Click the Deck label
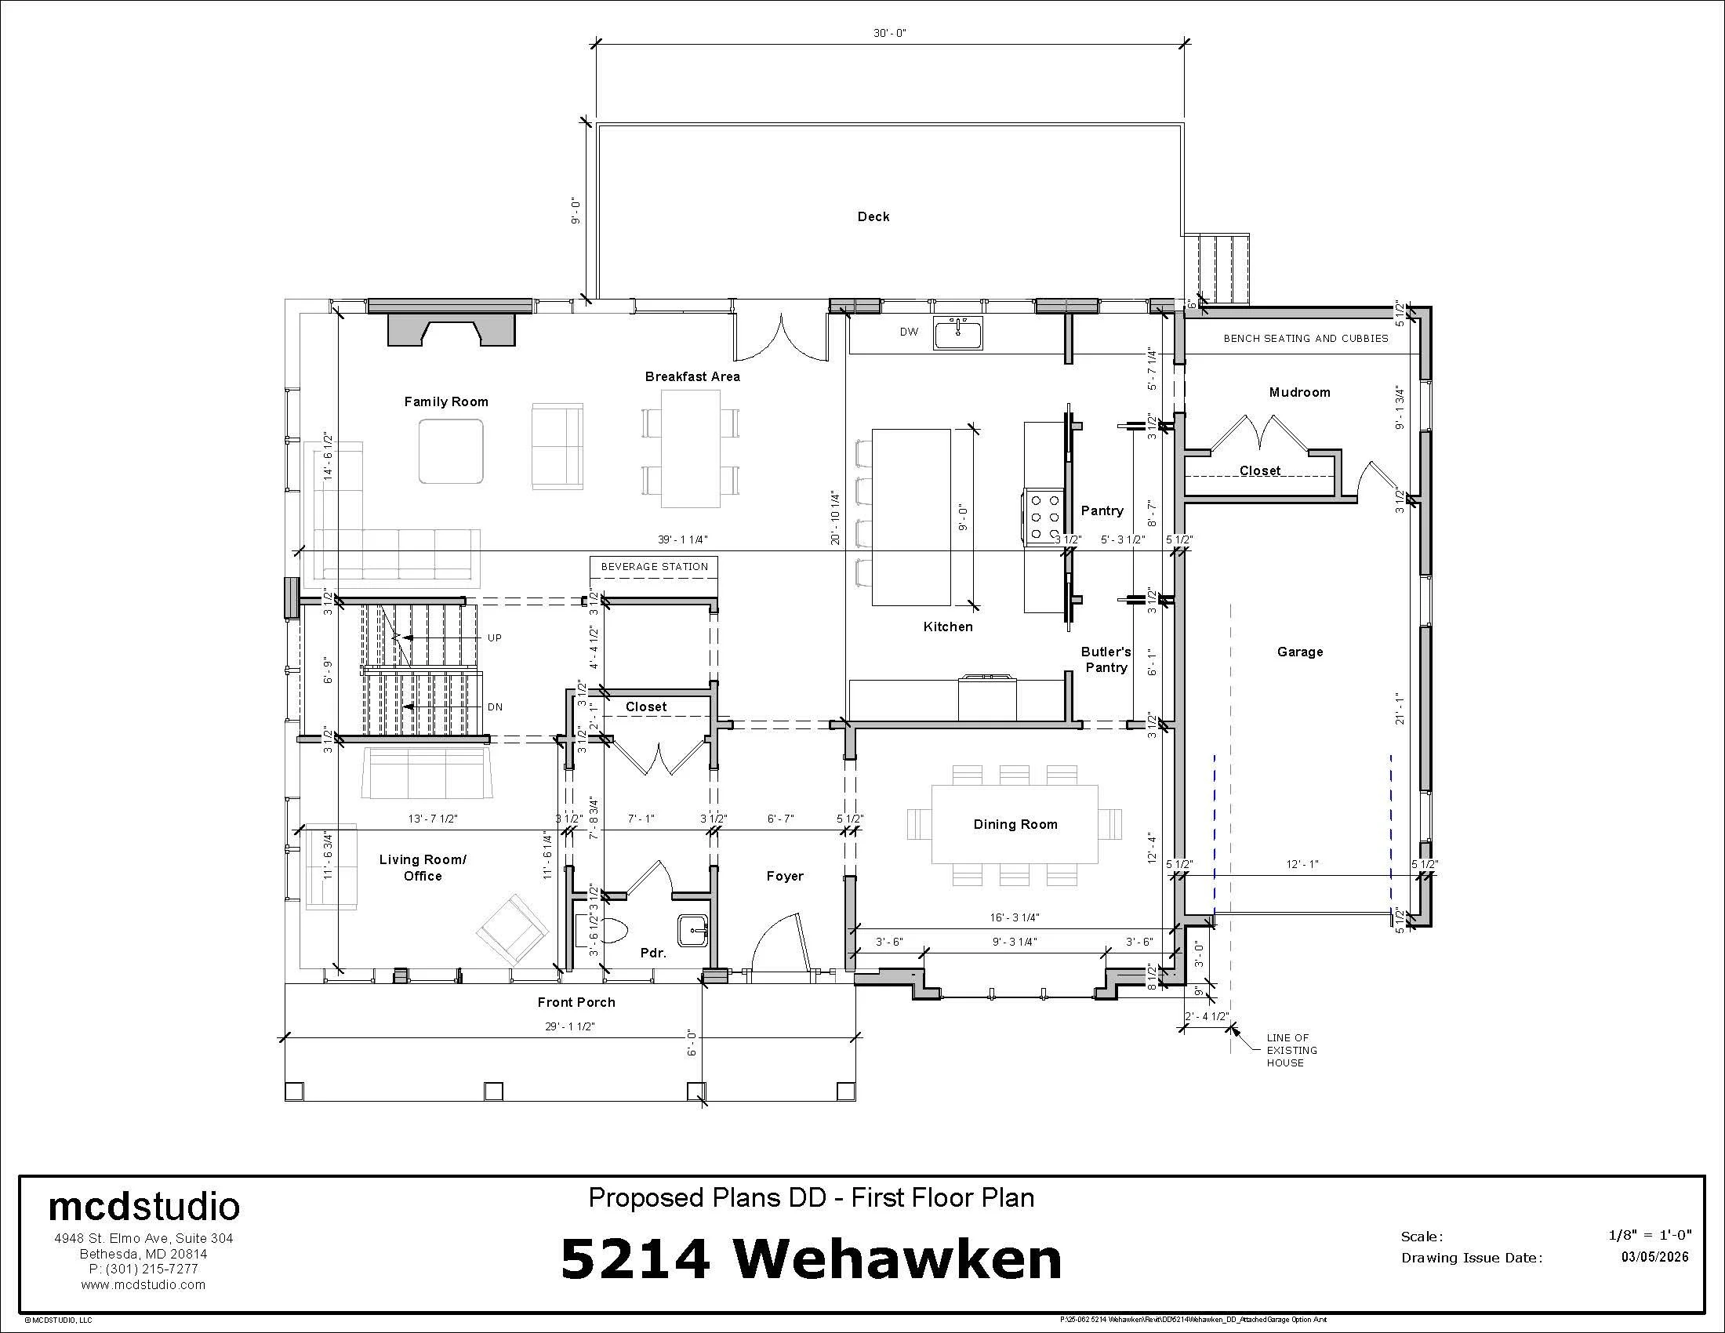tap(873, 216)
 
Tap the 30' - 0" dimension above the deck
tap(889, 33)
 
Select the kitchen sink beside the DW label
tap(957, 332)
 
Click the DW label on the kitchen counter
tap(909, 332)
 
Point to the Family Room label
tap(445, 401)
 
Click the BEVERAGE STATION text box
tap(654, 567)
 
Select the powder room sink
tap(693, 929)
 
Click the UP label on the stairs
tap(495, 638)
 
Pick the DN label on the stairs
tap(495, 707)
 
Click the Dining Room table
tap(1014, 823)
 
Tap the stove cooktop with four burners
tap(1044, 518)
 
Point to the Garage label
tap(1299, 652)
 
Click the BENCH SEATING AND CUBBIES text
tap(1305, 338)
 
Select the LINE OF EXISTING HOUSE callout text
tap(1291, 1050)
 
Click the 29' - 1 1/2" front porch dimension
tap(569, 1026)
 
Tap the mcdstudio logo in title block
tap(143, 1208)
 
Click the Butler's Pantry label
tap(1106, 659)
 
